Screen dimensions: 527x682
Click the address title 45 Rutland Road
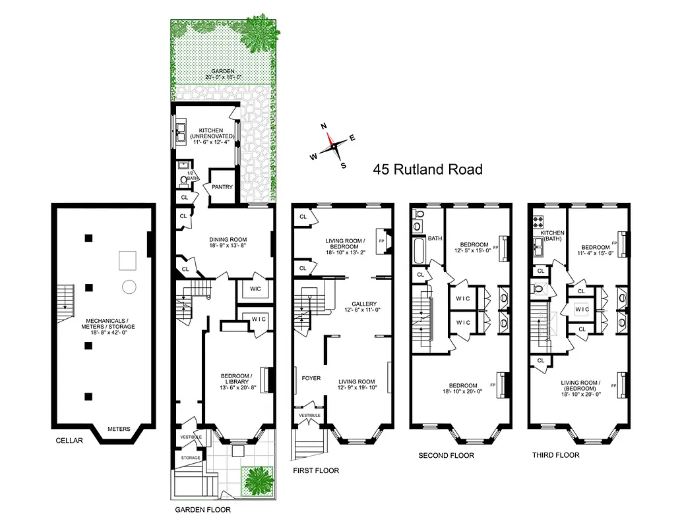tap(427, 169)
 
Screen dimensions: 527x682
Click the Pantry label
tap(222, 187)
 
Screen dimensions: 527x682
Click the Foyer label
tap(311, 378)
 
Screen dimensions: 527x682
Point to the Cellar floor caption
tap(69, 441)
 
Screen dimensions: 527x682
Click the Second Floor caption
tap(446, 455)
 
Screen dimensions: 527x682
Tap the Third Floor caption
tap(555, 455)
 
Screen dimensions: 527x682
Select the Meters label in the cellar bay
tap(119, 429)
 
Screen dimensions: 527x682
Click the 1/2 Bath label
tap(193, 175)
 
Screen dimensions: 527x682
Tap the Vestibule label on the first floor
tap(309, 416)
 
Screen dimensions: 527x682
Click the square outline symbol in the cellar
tap(128, 261)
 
